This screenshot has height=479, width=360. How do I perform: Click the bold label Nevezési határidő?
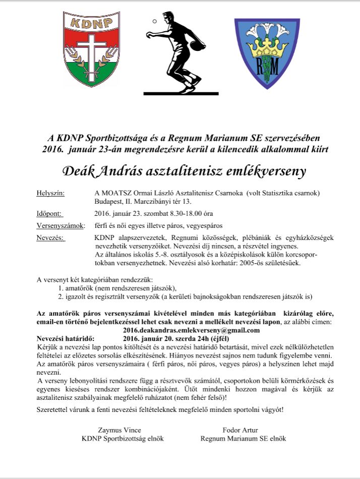69,338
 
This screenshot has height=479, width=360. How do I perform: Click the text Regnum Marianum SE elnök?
243,439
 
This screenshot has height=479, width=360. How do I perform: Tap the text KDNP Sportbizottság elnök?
123,439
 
